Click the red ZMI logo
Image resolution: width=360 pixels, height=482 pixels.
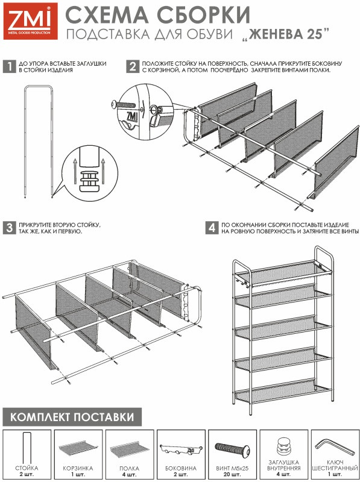(x=31, y=21)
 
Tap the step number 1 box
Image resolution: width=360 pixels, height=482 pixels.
(x=9, y=66)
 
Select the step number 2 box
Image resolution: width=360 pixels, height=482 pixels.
(x=132, y=66)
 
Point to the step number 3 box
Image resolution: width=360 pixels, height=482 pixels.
(x=9, y=228)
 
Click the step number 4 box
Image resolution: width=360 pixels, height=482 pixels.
(x=212, y=228)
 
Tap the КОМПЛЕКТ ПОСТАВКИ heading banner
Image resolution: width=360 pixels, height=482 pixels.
(x=72, y=417)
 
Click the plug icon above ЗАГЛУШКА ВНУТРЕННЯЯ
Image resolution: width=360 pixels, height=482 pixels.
(x=283, y=446)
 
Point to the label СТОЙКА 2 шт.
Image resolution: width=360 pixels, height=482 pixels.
(x=27, y=471)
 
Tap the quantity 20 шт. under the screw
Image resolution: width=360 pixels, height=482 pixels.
(x=232, y=474)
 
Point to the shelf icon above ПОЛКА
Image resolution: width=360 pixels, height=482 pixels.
(x=130, y=449)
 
